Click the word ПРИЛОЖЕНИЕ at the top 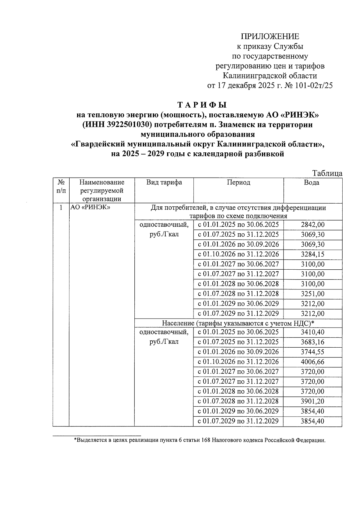[270, 37]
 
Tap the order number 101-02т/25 [314, 86]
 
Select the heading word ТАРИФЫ [202, 105]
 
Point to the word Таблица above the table [327, 173]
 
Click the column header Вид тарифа [164, 182]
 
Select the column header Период [238, 182]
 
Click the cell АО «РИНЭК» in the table [90, 208]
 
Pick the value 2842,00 [313, 225]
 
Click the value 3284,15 [313, 254]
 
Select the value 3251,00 [313, 294]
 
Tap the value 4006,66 [313, 362]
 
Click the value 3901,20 [313, 401]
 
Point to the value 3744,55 [313, 352]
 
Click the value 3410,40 [313, 332]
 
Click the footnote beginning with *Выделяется [199, 440]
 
